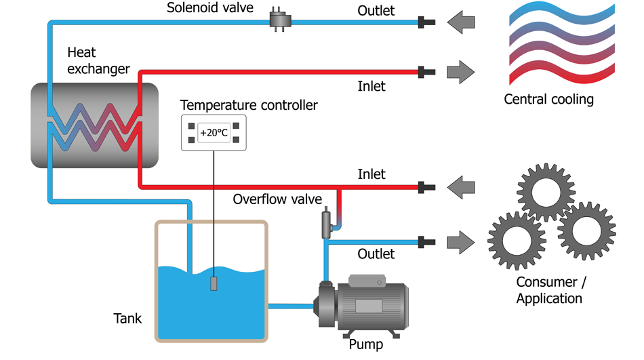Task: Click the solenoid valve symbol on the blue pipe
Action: click(279, 20)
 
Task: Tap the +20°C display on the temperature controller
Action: click(214, 133)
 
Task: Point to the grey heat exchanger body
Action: click(94, 125)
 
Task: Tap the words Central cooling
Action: click(548, 100)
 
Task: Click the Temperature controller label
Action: click(249, 105)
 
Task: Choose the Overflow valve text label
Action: click(277, 199)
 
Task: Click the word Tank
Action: click(127, 317)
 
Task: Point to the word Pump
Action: click(365, 344)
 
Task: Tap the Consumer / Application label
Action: click(549, 290)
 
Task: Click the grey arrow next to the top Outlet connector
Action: click(461, 22)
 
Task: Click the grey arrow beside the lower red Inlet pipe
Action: click(461, 185)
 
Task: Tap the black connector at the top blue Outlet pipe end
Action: click(426, 22)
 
